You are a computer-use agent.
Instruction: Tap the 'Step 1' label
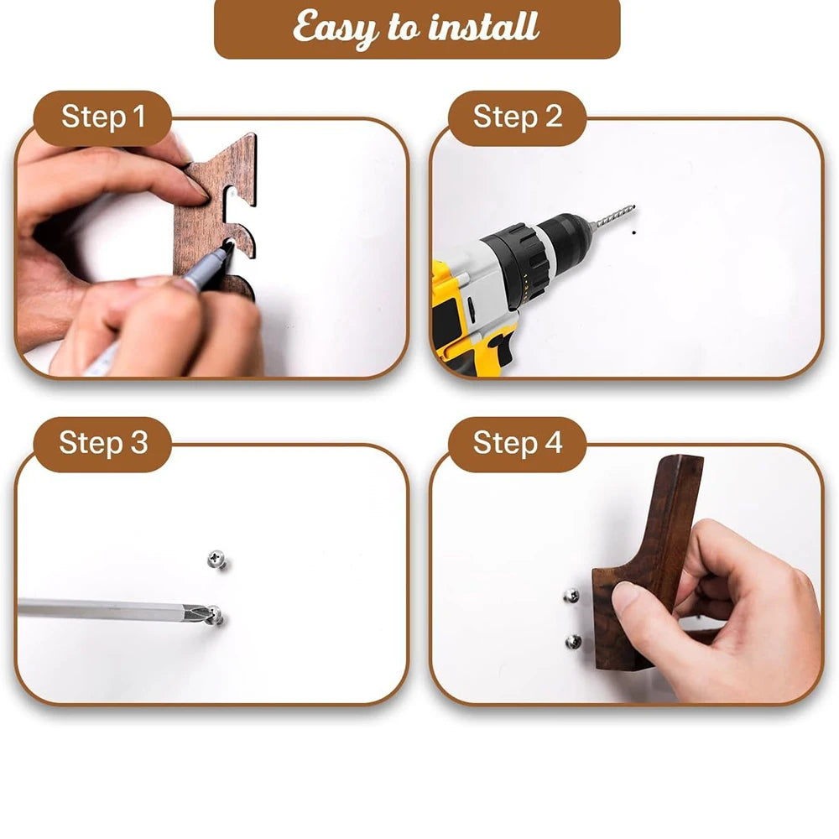[102, 117]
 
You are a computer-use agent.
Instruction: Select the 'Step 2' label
[517, 117]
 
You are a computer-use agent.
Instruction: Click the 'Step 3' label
[102, 444]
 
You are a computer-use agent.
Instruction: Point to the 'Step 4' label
[517, 444]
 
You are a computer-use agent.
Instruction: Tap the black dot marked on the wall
[634, 232]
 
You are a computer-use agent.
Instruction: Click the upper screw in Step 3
[216, 559]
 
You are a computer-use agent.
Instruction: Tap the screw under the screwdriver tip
[216, 615]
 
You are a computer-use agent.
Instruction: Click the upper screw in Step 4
[571, 595]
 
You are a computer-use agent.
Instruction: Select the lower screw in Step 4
[574, 641]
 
